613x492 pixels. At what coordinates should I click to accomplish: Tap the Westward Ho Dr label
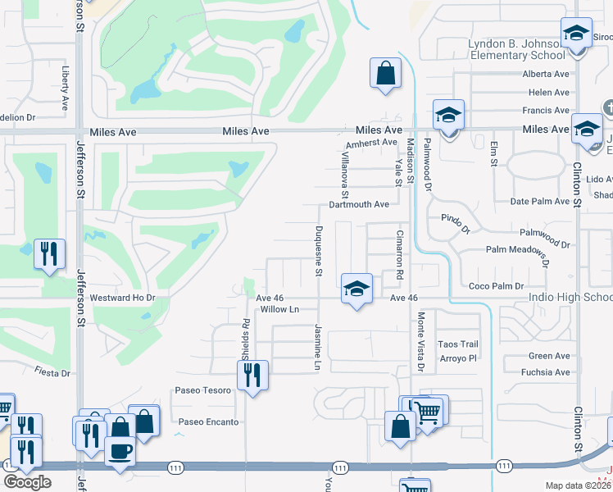tap(122, 298)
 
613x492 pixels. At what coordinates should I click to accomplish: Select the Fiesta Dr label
tap(52, 373)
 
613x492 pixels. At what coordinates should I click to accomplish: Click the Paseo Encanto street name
tap(209, 422)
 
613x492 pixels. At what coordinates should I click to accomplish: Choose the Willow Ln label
tap(279, 309)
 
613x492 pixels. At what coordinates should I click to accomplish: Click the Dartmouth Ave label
tap(359, 204)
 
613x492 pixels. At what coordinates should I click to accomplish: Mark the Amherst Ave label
tap(371, 143)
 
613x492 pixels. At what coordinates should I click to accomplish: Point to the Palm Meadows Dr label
tap(516, 252)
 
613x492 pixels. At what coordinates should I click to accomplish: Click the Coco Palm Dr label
tap(496, 286)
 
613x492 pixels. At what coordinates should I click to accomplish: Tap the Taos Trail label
tap(457, 344)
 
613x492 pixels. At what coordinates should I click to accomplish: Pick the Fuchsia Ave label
tap(549, 372)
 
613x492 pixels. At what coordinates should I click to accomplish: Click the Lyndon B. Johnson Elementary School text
tap(517, 49)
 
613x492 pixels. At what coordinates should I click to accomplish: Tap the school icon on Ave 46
tap(356, 289)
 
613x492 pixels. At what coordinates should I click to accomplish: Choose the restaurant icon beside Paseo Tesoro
tap(252, 376)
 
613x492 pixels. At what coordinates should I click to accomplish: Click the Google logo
tap(28, 482)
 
